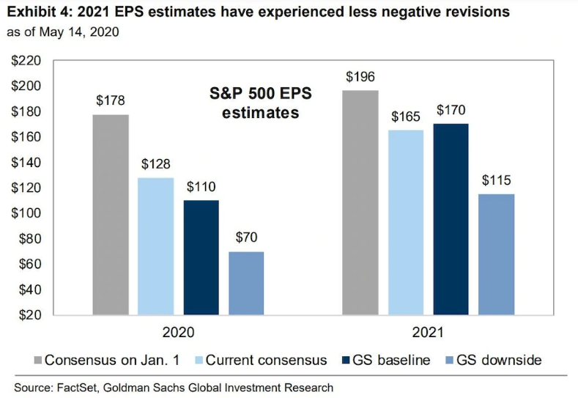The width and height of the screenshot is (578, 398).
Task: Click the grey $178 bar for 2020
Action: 111,215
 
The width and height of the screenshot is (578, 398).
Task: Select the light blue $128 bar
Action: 156,246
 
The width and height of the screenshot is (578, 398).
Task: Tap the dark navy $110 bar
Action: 201,257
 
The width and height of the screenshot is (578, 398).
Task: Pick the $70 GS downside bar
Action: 246,283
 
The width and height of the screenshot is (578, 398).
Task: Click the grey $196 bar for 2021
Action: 361,202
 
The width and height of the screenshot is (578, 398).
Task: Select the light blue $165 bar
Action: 406,222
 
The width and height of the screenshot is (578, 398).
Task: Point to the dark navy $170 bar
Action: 451,219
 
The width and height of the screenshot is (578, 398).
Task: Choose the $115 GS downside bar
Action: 497,254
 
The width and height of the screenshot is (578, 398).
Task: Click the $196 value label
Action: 361,76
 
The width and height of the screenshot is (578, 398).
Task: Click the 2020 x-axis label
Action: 178,331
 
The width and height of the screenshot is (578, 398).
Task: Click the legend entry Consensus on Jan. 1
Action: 111,360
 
